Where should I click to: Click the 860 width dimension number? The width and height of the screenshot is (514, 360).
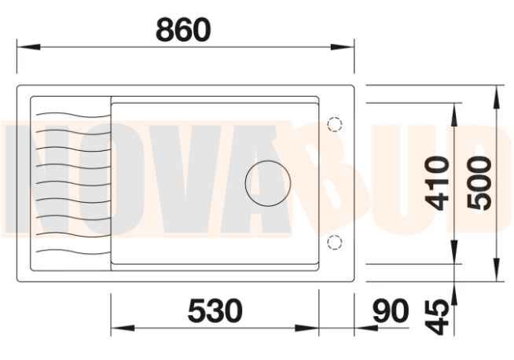point(183,30)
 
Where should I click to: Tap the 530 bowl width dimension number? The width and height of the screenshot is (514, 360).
point(215,310)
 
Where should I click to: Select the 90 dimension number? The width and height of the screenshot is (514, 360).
point(391,310)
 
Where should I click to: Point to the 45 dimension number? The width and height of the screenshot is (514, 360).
point(436,317)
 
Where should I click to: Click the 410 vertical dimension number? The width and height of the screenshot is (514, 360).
point(436,183)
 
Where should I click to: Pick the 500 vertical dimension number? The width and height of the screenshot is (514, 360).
point(479,183)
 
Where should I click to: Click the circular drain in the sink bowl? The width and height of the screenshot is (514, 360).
point(268,183)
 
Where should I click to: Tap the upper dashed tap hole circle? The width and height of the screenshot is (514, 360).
point(335,124)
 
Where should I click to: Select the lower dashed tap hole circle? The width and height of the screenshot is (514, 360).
point(335,242)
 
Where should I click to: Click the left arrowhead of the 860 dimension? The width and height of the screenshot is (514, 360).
point(28,47)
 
